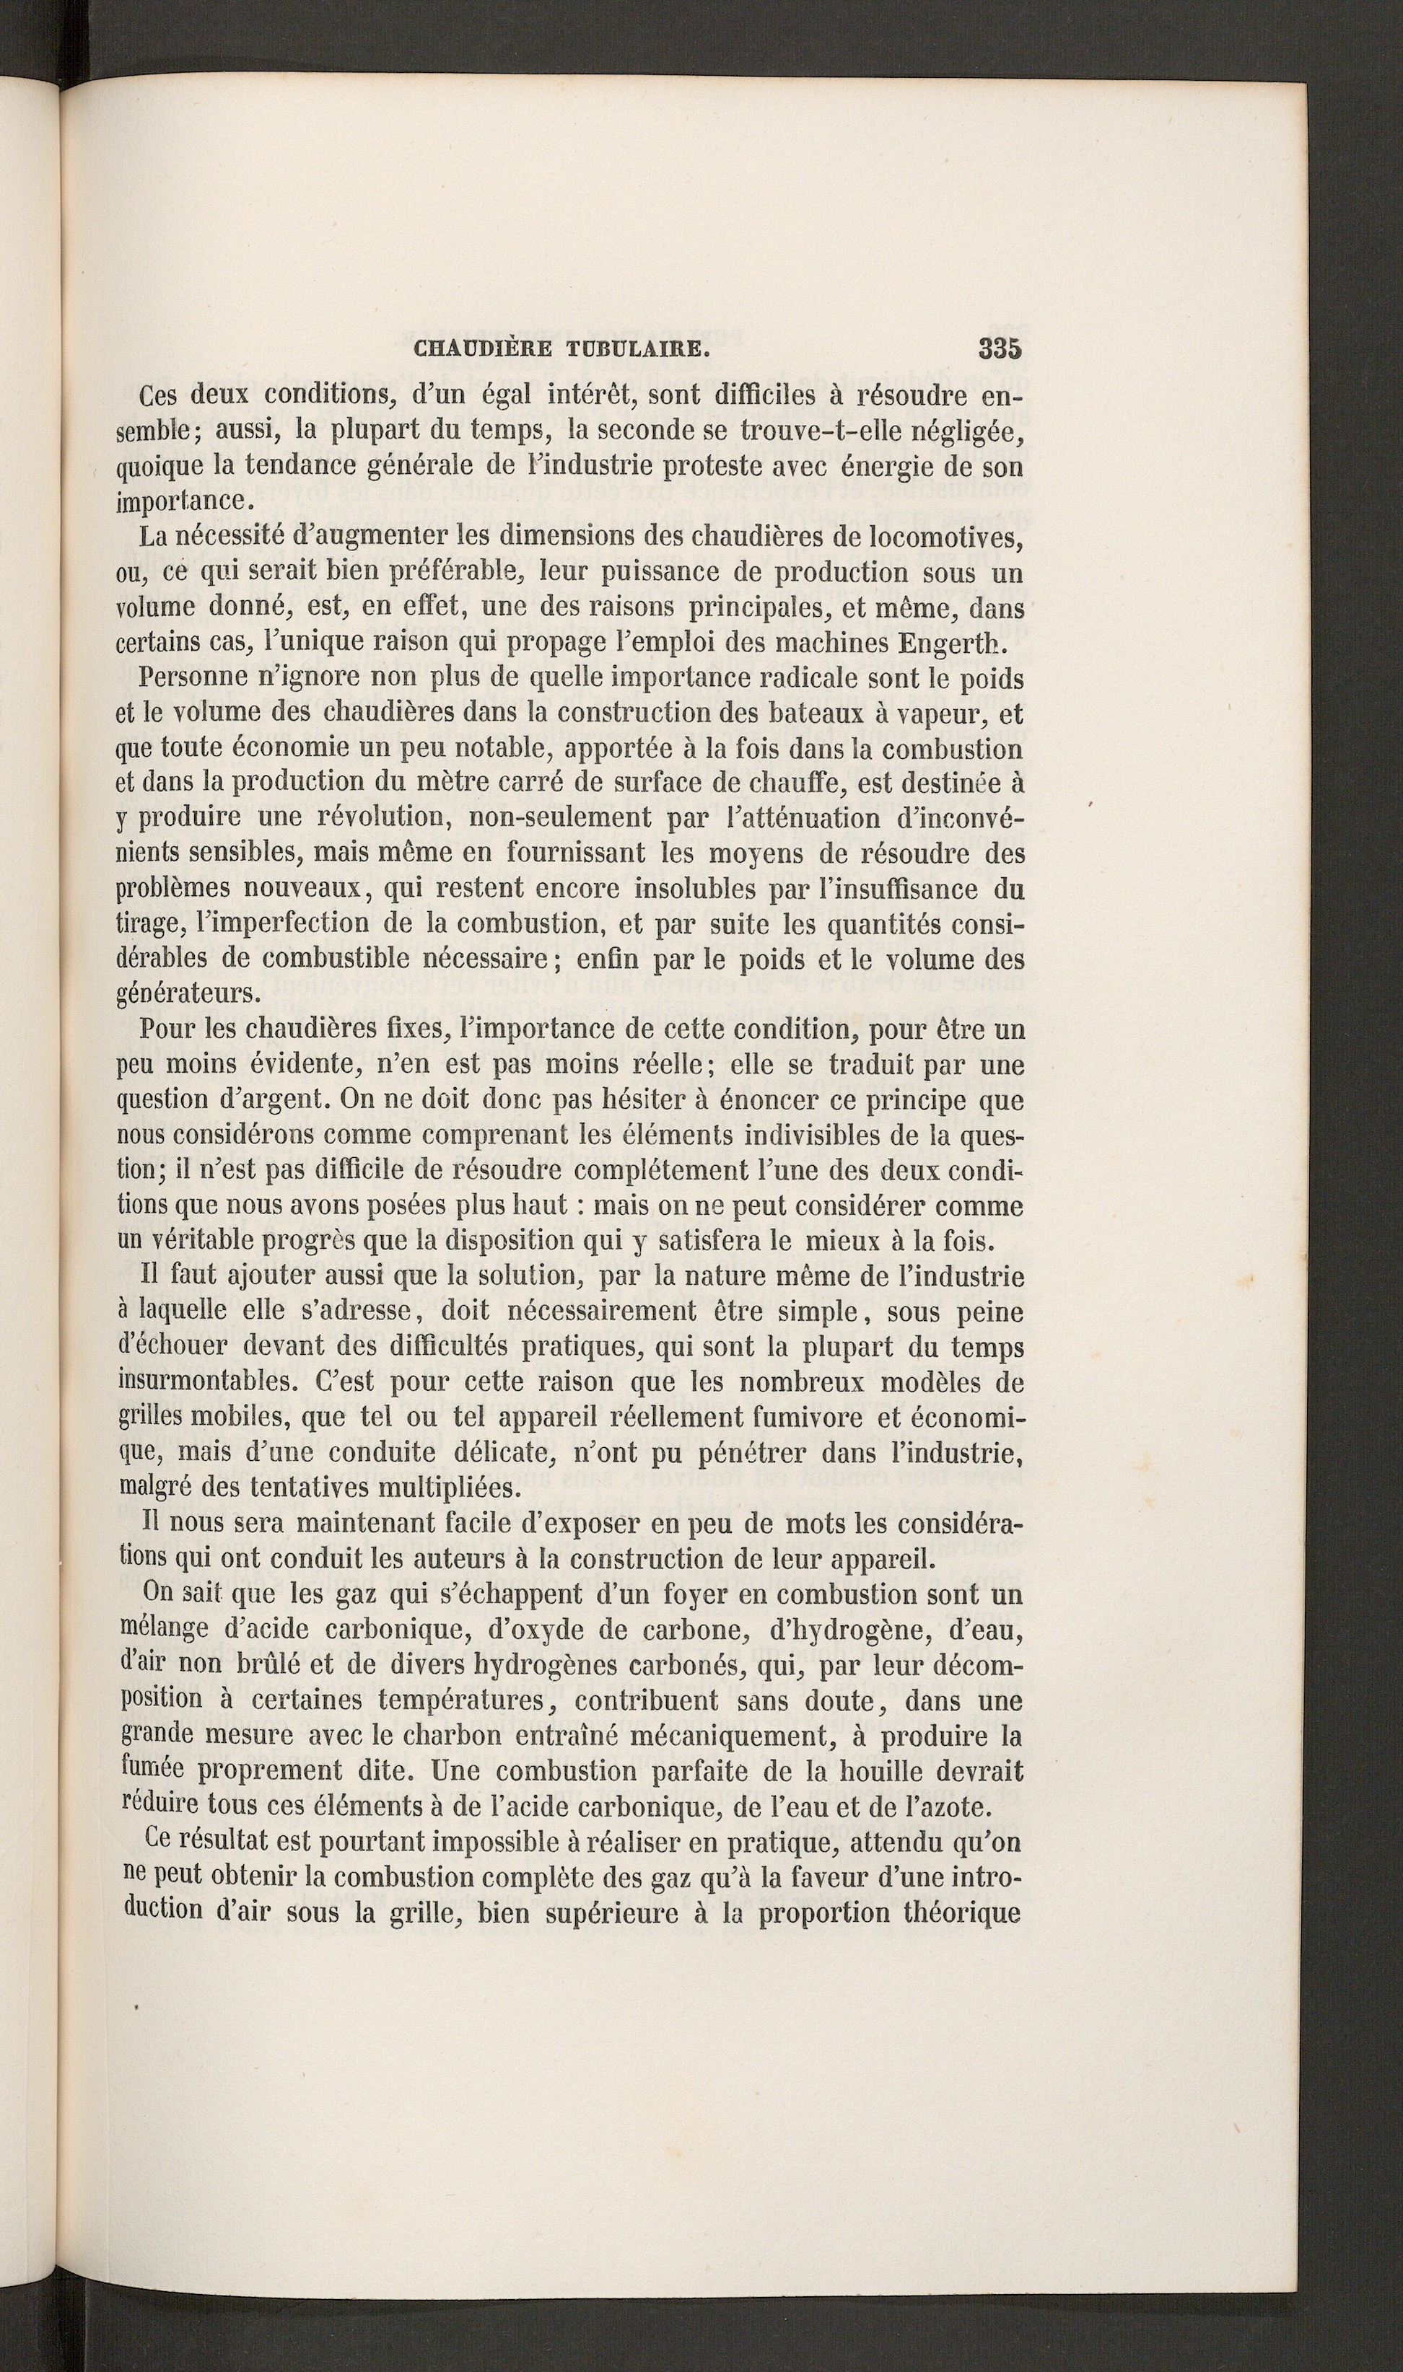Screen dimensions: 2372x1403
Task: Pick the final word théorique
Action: (x=963, y=1914)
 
